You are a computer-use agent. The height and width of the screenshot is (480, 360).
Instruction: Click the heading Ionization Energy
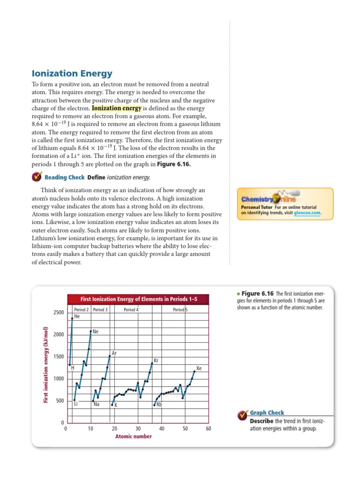click(x=72, y=74)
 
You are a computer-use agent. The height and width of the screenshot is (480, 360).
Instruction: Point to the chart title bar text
click(x=138, y=299)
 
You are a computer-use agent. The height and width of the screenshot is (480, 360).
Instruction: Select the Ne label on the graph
click(x=96, y=331)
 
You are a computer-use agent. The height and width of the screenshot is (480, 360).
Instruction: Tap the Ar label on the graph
click(x=114, y=353)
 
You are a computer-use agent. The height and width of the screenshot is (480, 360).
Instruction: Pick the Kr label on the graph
click(x=157, y=361)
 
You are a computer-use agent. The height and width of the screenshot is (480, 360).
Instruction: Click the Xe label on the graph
click(x=199, y=368)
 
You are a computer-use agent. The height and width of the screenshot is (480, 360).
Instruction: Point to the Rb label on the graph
click(x=159, y=404)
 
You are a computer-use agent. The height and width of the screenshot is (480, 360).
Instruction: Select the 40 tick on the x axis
click(x=162, y=429)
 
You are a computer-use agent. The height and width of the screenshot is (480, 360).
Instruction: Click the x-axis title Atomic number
click(x=133, y=436)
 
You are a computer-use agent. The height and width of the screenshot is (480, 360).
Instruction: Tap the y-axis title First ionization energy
click(x=46, y=365)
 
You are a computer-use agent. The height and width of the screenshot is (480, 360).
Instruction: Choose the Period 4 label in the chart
click(x=131, y=310)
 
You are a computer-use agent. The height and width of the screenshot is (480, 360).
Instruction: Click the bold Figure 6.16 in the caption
click(x=254, y=293)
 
